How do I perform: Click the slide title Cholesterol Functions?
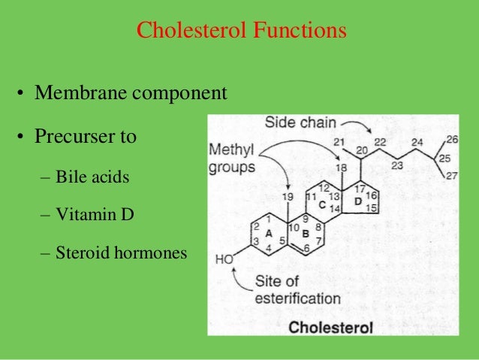[241, 32]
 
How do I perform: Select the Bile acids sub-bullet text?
[92, 179]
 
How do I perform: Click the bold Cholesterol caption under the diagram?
[330, 328]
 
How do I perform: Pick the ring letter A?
[268, 234]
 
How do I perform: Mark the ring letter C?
[321, 204]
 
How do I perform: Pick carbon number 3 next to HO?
[255, 241]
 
